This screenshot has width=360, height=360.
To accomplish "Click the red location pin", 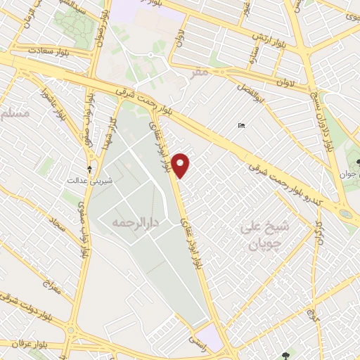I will [x=181, y=165].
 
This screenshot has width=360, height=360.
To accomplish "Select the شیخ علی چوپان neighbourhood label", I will [x=257, y=236].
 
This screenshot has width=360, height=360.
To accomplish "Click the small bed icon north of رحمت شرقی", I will [x=241, y=126].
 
